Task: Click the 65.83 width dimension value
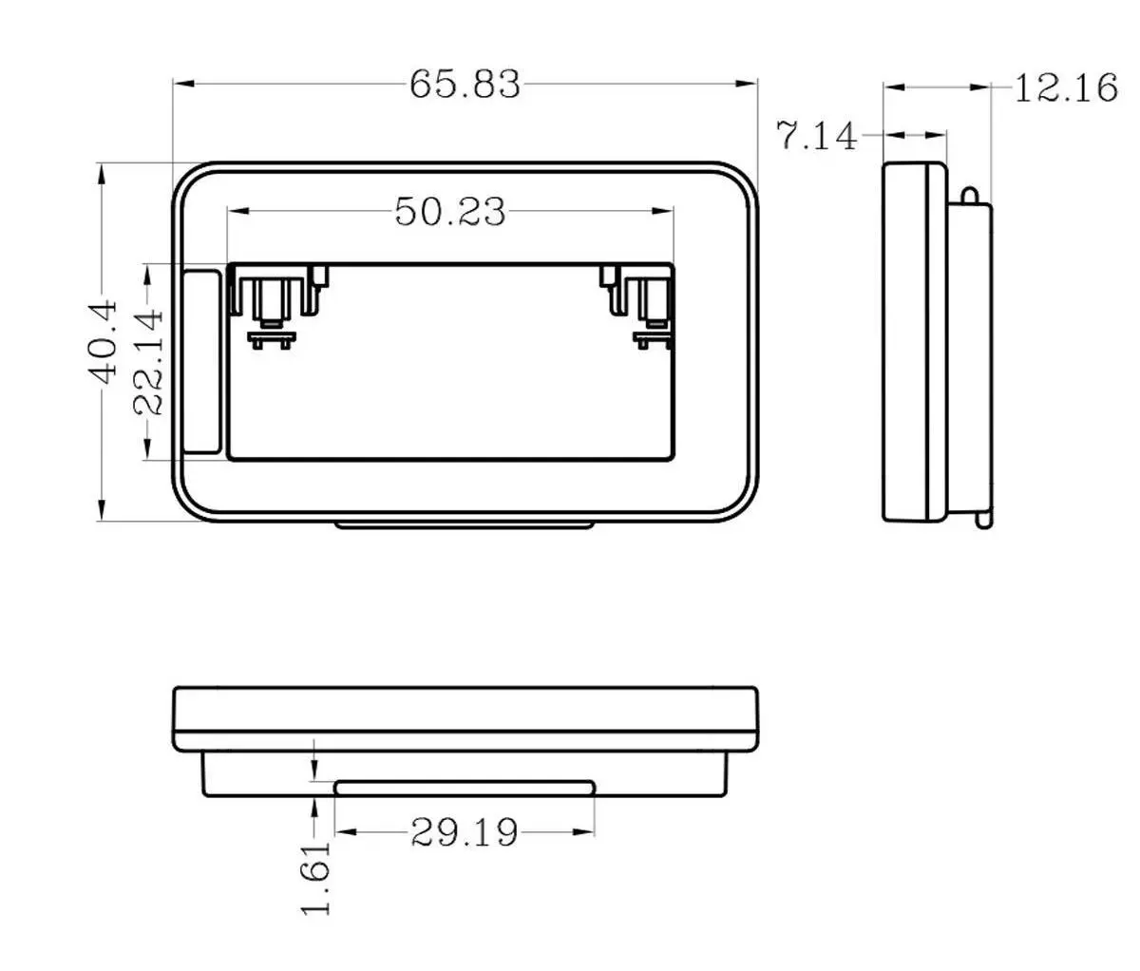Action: tap(465, 85)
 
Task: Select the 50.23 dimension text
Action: tap(450, 212)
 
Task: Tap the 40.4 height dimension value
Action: tap(104, 341)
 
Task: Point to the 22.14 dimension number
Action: tap(148, 363)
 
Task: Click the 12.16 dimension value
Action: tap(1066, 87)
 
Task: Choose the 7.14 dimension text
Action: tap(817, 135)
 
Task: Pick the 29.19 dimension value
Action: tap(465, 832)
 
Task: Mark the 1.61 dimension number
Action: tap(316, 879)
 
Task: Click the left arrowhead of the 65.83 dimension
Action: tap(184, 84)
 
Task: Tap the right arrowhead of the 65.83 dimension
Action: tap(746, 84)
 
